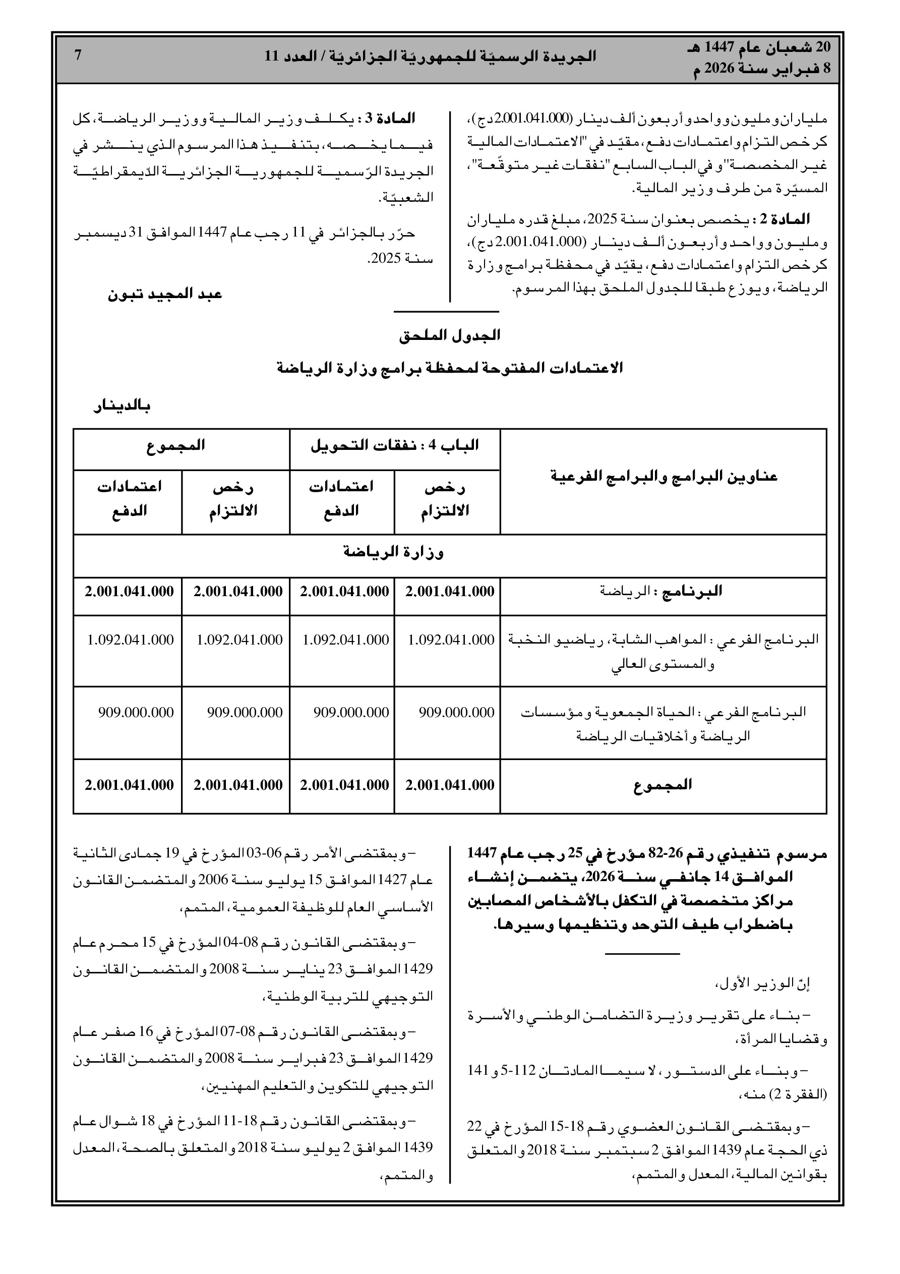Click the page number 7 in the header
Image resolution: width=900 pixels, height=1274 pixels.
[78, 55]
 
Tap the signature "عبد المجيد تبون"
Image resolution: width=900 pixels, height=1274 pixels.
[165, 294]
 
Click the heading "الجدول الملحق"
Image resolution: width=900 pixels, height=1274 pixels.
[449, 336]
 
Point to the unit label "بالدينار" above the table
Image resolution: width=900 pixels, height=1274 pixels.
[122, 407]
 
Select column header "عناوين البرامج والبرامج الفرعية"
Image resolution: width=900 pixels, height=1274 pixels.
[664, 477]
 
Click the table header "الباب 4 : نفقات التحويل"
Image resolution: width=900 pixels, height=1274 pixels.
[394, 445]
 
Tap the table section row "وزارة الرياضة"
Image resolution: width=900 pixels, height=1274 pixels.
[394, 553]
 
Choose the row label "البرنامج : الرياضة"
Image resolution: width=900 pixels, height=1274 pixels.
[661, 592]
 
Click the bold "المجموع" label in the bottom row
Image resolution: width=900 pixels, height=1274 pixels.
[663, 785]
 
